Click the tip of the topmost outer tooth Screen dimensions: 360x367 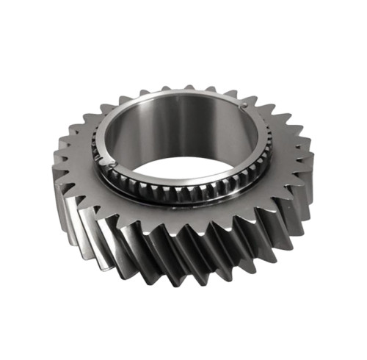[x=189, y=87]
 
